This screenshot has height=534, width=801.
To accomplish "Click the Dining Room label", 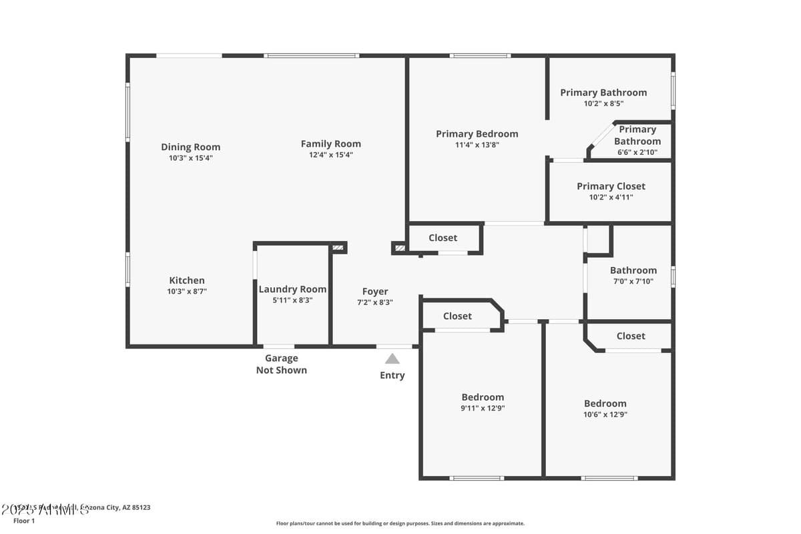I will tap(190, 147).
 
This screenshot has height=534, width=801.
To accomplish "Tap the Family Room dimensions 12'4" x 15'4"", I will tap(330, 155).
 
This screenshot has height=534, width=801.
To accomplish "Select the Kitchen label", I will tap(187, 280).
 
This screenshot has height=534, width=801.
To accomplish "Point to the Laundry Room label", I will tap(292, 289).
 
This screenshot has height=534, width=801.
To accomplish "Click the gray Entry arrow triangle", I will tap(392, 359).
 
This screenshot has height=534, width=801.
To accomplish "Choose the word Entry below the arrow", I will tap(392, 375).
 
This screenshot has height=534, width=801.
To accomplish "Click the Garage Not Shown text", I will tap(282, 364).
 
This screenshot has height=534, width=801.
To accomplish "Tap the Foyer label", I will tap(375, 291).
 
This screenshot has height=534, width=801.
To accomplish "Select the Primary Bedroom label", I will tap(477, 133).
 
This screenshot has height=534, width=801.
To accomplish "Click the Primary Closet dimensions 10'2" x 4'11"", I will tap(610, 198).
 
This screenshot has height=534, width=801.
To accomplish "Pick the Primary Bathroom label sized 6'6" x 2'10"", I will tap(637, 136).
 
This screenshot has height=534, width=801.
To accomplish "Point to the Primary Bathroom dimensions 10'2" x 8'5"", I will tap(603, 103).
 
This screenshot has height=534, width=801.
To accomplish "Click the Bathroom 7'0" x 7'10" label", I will tap(633, 270).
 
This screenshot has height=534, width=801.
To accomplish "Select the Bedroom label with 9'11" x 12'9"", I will tap(483, 396).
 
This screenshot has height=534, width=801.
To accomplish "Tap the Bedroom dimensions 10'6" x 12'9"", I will tap(605, 415).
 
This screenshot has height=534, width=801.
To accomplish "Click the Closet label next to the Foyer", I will tap(457, 316).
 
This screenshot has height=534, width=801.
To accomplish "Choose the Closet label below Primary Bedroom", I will tap(443, 238).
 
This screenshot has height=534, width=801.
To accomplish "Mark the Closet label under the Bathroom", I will tap(631, 336).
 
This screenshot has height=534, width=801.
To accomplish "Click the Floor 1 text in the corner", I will tap(24, 521).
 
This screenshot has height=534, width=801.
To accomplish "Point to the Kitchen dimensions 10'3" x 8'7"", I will tap(187, 292).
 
